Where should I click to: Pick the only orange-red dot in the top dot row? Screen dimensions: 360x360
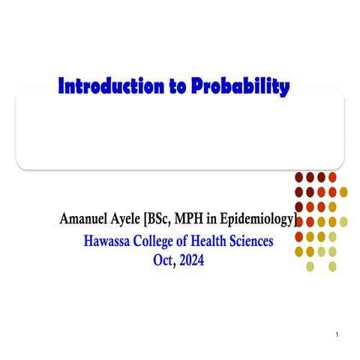pos(332,178)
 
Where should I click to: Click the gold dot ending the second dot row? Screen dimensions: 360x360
pos(343,192)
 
